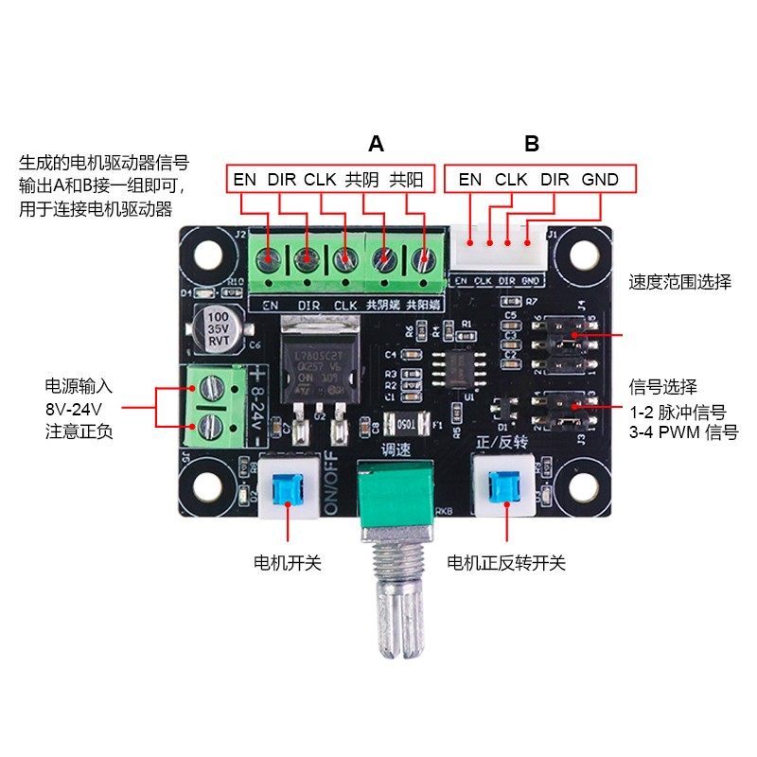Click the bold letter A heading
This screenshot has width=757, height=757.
[377, 144]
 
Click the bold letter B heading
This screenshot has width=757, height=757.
[532, 144]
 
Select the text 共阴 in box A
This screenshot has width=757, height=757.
[361, 179]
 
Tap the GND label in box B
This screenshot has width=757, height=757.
[600, 179]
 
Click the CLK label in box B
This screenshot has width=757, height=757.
[511, 179]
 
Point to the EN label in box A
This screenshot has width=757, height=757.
[245, 179]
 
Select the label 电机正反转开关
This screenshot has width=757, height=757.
[506, 563]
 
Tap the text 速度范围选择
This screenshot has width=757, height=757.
[680, 282]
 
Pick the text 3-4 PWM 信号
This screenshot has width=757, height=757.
[678, 431]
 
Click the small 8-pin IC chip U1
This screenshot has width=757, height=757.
[457, 368]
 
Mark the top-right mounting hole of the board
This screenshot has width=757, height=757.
[577, 255]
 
